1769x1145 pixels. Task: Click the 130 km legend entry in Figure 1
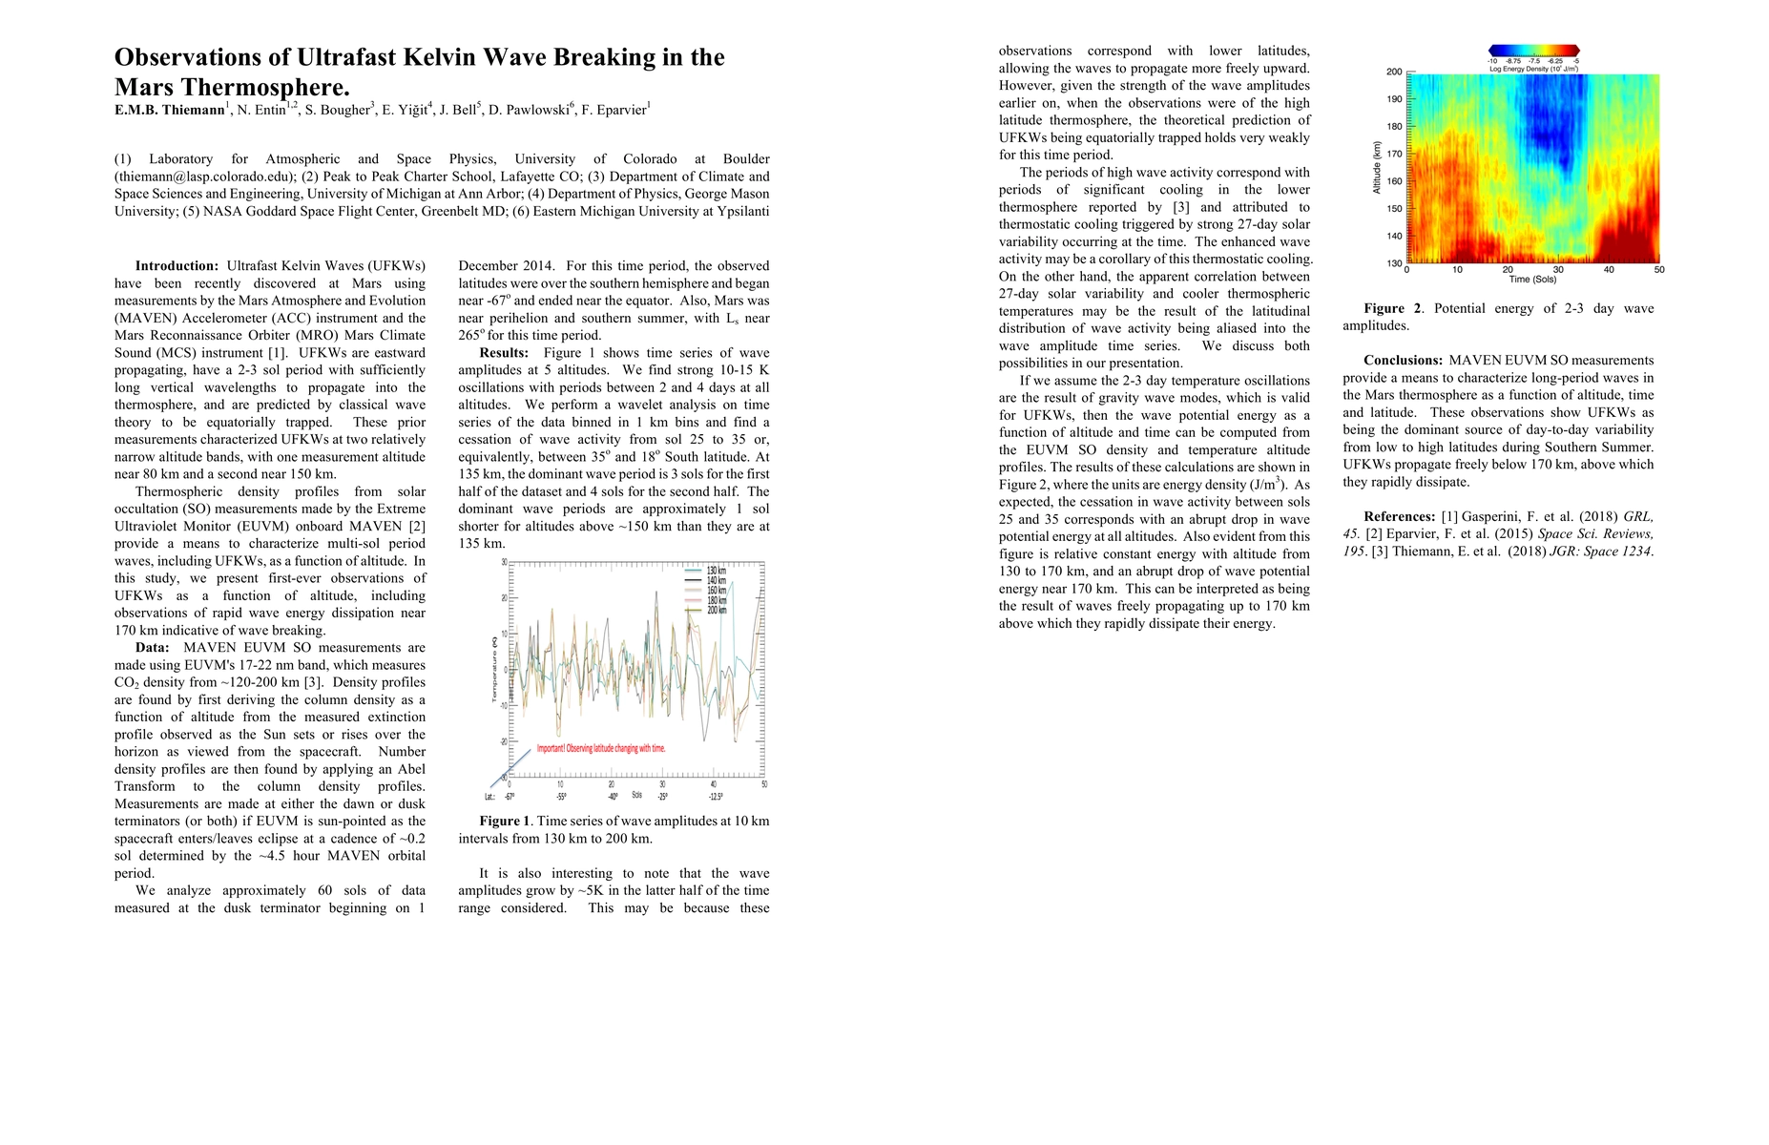point(716,571)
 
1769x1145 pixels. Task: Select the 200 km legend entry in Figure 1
point(716,610)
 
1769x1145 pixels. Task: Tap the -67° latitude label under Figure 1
point(510,796)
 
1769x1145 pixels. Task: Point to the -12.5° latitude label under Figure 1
point(716,796)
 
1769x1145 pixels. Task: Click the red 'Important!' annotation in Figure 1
point(601,748)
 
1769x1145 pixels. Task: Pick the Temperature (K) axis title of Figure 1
point(494,670)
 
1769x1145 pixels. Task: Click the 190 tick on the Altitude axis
point(1394,99)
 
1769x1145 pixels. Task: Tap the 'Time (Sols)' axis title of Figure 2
point(1532,280)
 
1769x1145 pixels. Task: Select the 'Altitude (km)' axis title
point(1377,167)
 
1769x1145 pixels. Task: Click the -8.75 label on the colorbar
point(1513,61)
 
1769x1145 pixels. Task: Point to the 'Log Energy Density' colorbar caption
point(1533,69)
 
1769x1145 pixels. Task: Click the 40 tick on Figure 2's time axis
point(1609,270)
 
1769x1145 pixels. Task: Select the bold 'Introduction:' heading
point(177,266)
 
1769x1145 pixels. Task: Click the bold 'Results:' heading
point(504,353)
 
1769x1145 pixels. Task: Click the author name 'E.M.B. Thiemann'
point(169,110)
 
